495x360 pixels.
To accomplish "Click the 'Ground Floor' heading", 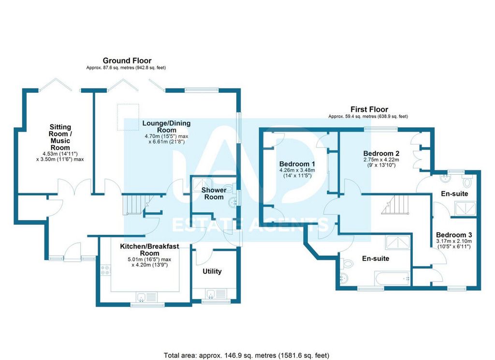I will coord(127,60).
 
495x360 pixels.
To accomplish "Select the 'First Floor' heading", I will coord(369,109).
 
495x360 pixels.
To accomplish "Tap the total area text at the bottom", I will coord(247,355).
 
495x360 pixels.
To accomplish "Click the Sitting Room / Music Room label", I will coord(60,137).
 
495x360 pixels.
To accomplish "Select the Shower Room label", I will coord(214,193).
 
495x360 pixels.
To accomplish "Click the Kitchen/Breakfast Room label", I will coord(149,250).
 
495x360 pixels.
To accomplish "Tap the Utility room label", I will coord(212,271).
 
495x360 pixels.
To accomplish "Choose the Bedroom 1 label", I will coord(297,163).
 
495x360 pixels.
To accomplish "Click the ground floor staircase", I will coord(135,205).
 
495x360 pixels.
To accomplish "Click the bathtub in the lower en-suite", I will coord(392,278).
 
